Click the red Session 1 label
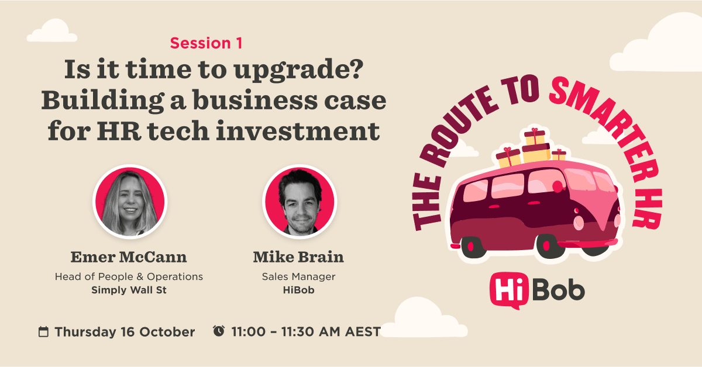[206, 43]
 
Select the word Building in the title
[103, 100]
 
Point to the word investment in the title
[298, 131]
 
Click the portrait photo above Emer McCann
[130, 202]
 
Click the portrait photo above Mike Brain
[300, 202]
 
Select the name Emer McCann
[129, 257]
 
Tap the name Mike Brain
[299, 257]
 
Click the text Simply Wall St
[129, 290]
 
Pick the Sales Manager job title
[299, 276]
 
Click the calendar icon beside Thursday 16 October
[43, 331]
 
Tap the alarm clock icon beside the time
[219, 331]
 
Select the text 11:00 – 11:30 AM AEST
[306, 331]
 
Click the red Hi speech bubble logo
[509, 290]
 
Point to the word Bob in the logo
[559, 290]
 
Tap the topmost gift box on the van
[535, 137]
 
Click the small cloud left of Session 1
[52, 31]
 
